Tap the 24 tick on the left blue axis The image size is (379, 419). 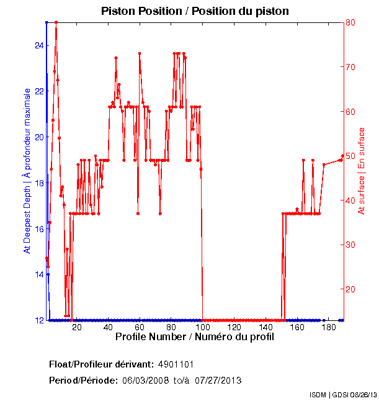coord(38,45)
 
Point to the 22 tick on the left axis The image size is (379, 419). coord(38,91)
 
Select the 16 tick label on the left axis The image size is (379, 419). coord(38,229)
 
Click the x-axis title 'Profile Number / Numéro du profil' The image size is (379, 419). coord(194,337)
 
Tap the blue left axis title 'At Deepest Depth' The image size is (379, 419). coord(27,171)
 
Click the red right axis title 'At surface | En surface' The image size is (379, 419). coord(362,171)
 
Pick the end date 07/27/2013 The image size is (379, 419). coord(218,380)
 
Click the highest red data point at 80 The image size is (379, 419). coord(56,22)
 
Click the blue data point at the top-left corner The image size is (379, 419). coord(47,22)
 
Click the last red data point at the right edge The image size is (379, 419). coord(342,156)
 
